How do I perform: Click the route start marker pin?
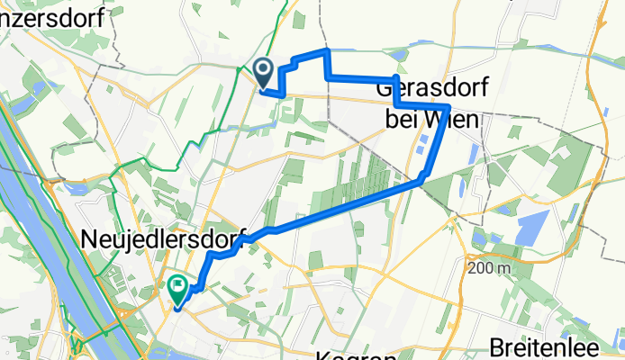[x=264, y=68]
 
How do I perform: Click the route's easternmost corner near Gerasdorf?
[x=448, y=107]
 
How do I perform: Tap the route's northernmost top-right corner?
[x=326, y=52]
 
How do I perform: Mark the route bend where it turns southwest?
[x=421, y=180]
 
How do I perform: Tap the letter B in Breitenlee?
[x=497, y=346]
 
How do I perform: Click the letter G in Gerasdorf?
[x=385, y=90]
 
